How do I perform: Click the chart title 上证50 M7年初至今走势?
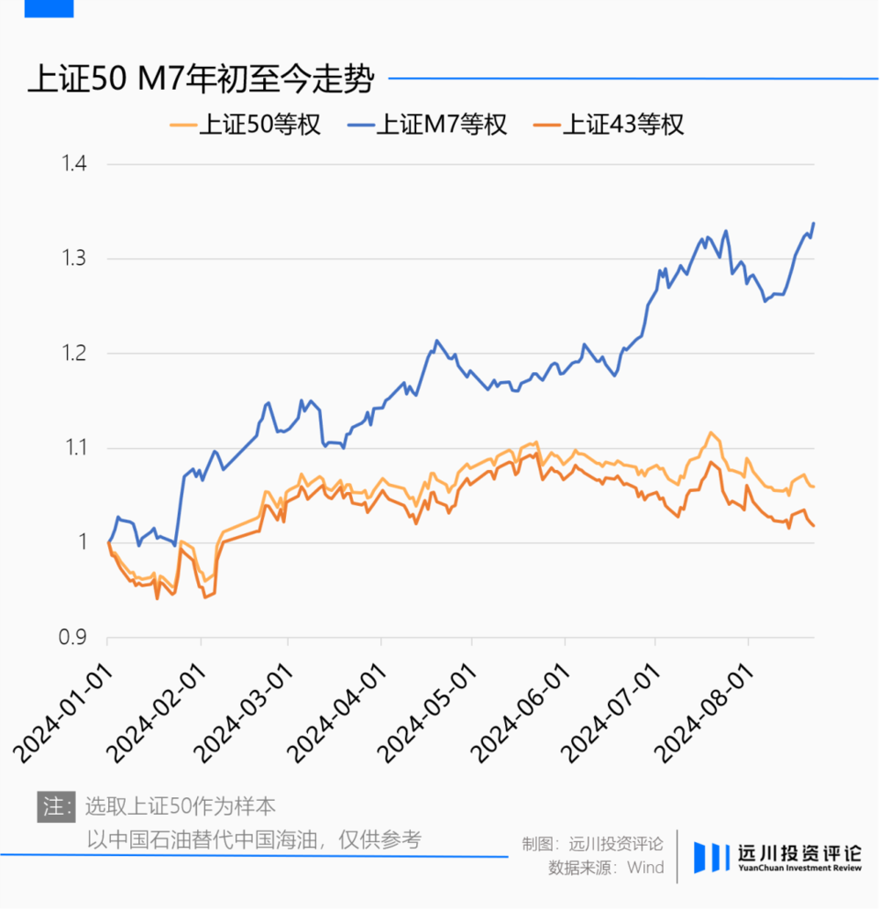click(x=202, y=80)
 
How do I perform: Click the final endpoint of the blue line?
click(x=814, y=224)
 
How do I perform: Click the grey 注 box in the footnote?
click(x=56, y=806)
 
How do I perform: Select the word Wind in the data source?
click(x=646, y=868)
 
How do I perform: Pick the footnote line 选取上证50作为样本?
click(x=180, y=806)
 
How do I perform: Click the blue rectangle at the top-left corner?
click(x=49, y=8)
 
